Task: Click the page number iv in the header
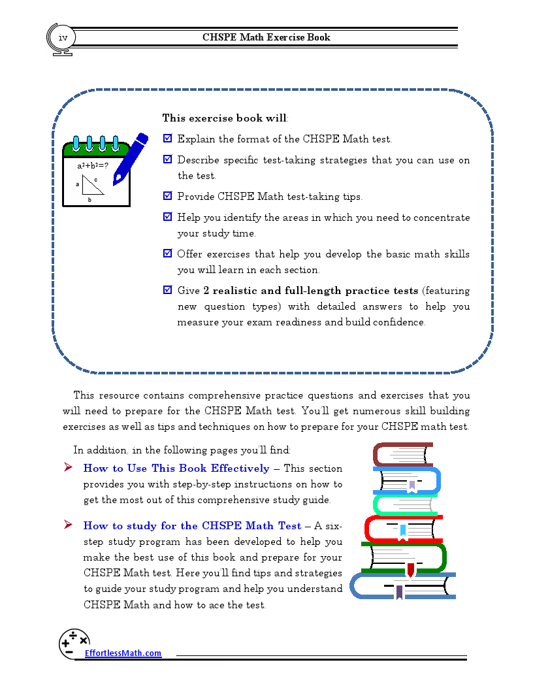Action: click(63, 38)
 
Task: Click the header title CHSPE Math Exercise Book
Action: click(266, 37)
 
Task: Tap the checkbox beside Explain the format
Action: click(168, 139)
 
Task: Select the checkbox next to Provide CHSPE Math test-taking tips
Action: click(168, 196)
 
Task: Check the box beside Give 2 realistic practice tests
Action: click(168, 290)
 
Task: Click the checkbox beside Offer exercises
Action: click(168, 254)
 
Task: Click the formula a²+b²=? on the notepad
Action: click(93, 166)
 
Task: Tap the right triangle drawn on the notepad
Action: click(93, 185)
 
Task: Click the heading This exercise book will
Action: click(225, 118)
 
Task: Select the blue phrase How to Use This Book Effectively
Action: click(176, 468)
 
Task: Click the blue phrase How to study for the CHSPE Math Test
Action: click(192, 526)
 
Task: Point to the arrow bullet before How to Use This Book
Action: click(68, 468)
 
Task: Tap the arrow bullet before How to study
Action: click(68, 525)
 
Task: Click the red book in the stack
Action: click(402, 528)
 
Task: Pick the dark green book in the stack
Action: click(405, 557)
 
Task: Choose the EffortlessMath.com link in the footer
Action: click(123, 653)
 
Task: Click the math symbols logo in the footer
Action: click(73, 644)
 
